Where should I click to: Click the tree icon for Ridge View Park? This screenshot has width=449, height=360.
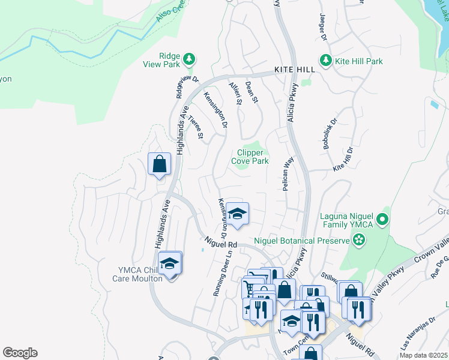tap(190, 58)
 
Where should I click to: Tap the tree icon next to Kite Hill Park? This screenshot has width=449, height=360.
tap(326, 61)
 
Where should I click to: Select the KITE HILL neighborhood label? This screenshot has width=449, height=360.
tap(294, 70)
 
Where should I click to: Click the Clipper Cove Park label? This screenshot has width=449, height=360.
tap(250, 157)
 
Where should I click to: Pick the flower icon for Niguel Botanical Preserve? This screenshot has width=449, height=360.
tap(359, 241)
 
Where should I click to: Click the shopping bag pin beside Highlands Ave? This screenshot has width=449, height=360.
tap(160, 164)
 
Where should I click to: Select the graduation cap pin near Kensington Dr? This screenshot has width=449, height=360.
tap(237, 214)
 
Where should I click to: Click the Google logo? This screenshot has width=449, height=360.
tap(20, 353)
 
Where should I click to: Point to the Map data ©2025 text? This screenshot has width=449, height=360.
tap(423, 355)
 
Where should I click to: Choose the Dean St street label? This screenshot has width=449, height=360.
tap(251, 92)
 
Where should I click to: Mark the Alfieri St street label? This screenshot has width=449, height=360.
tap(235, 94)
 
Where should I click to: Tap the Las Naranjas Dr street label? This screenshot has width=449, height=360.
tap(413, 339)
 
